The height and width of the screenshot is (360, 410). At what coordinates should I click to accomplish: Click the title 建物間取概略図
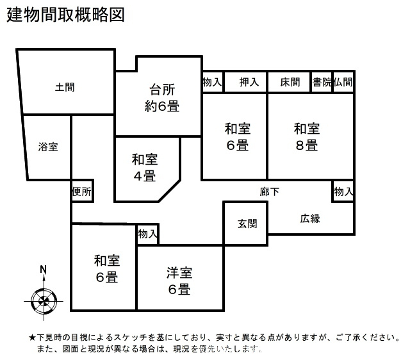[x=65, y=15]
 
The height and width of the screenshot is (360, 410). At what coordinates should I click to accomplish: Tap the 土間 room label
[x=65, y=87]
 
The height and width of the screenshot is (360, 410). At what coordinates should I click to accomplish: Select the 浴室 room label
[x=48, y=147]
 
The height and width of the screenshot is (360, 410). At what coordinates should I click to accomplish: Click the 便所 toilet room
[x=82, y=191]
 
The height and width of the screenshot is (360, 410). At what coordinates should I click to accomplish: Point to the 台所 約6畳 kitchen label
[x=162, y=98]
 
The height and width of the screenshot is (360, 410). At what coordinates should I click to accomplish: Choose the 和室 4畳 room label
[x=145, y=168]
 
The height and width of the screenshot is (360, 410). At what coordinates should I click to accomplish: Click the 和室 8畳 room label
[x=307, y=136]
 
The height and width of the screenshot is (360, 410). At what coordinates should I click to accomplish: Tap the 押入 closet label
[x=249, y=82]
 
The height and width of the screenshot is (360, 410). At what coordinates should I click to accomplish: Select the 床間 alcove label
[x=290, y=82]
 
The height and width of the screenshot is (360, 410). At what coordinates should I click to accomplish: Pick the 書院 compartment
[x=322, y=81]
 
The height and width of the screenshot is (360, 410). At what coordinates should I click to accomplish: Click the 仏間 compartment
[x=343, y=81]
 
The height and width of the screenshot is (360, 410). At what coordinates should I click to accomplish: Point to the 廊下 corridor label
[x=270, y=192]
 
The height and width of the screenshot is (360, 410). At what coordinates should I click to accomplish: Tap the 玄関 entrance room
[x=245, y=224]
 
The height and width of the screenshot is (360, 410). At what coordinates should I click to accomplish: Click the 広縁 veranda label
[x=310, y=218]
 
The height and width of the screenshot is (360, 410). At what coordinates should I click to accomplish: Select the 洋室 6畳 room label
[x=179, y=281]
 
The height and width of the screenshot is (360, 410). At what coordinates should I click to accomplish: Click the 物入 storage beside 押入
[x=213, y=81]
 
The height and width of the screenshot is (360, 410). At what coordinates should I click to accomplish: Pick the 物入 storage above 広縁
[x=343, y=192]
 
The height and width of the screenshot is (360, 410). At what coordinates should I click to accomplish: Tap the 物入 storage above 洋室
[x=148, y=234]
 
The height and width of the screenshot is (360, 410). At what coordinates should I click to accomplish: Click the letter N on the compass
[x=44, y=269]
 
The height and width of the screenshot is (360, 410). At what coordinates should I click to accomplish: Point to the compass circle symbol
[x=44, y=301]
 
